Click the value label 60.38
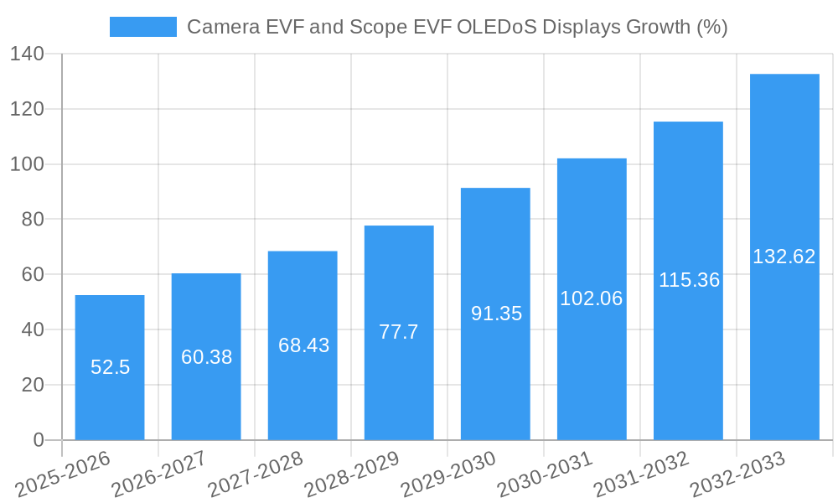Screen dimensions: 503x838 [x=206, y=357]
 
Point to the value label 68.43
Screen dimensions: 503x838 [x=303, y=345]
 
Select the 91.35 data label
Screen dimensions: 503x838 [x=496, y=314]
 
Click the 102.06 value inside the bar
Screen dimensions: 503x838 [x=592, y=298]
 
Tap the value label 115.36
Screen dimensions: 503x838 [x=689, y=280]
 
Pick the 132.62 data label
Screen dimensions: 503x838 [x=784, y=257]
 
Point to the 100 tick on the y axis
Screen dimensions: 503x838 [x=27, y=164]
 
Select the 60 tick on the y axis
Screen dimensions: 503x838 [x=32, y=275]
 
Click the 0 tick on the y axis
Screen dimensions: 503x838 [x=38, y=440]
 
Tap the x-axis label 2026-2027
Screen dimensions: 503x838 [x=159, y=473]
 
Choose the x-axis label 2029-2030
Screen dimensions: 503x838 [x=448, y=473]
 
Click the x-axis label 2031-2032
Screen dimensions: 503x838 [x=641, y=473]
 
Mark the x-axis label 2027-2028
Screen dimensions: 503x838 [x=256, y=473]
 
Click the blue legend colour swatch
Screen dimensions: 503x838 [x=142, y=27]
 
